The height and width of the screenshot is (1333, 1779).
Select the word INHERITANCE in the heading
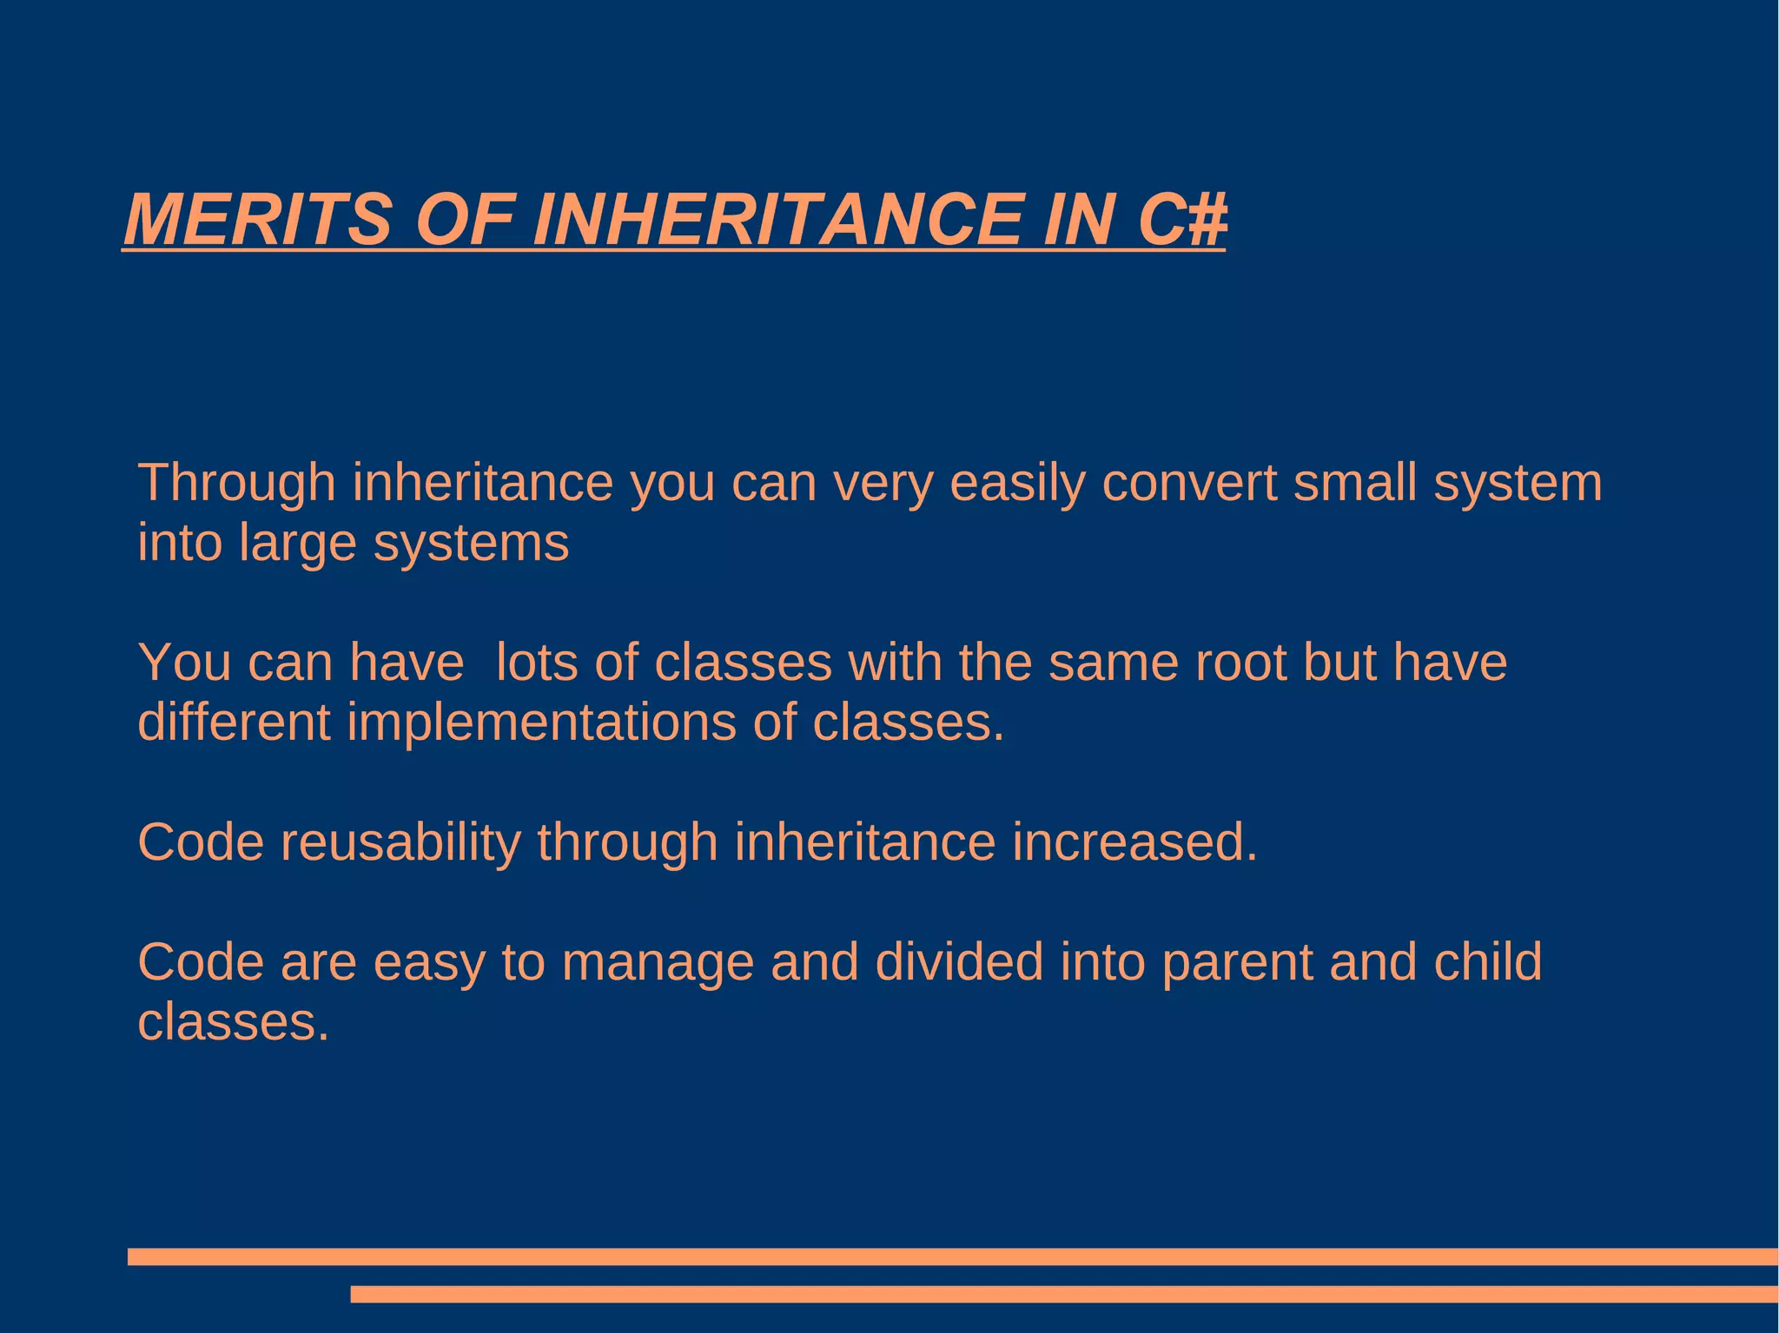click(778, 219)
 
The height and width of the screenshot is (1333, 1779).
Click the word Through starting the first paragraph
click(236, 483)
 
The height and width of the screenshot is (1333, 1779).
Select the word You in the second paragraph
click(184, 663)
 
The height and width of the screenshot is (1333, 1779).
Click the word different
click(234, 722)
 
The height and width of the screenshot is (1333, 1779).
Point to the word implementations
click(542, 723)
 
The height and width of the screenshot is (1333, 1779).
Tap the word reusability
click(400, 842)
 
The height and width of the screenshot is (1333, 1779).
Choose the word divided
click(959, 962)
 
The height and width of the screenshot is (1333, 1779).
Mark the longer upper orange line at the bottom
click(952, 1257)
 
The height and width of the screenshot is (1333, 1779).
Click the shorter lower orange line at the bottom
click(1063, 1294)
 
